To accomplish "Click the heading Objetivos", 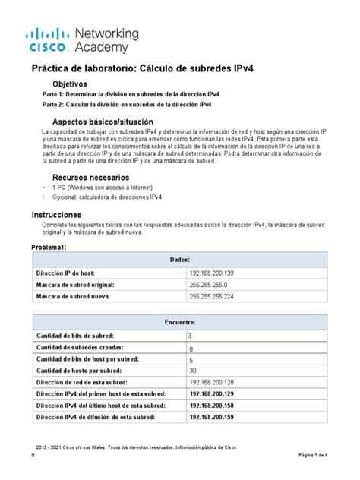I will tap(69, 84).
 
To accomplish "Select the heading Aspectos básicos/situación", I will tap(102, 122).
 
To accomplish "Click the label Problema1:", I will tap(50, 248).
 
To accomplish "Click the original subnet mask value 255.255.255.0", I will tap(213, 284).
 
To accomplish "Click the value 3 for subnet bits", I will tap(190, 335).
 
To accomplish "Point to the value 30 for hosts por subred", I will tap(192, 370).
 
